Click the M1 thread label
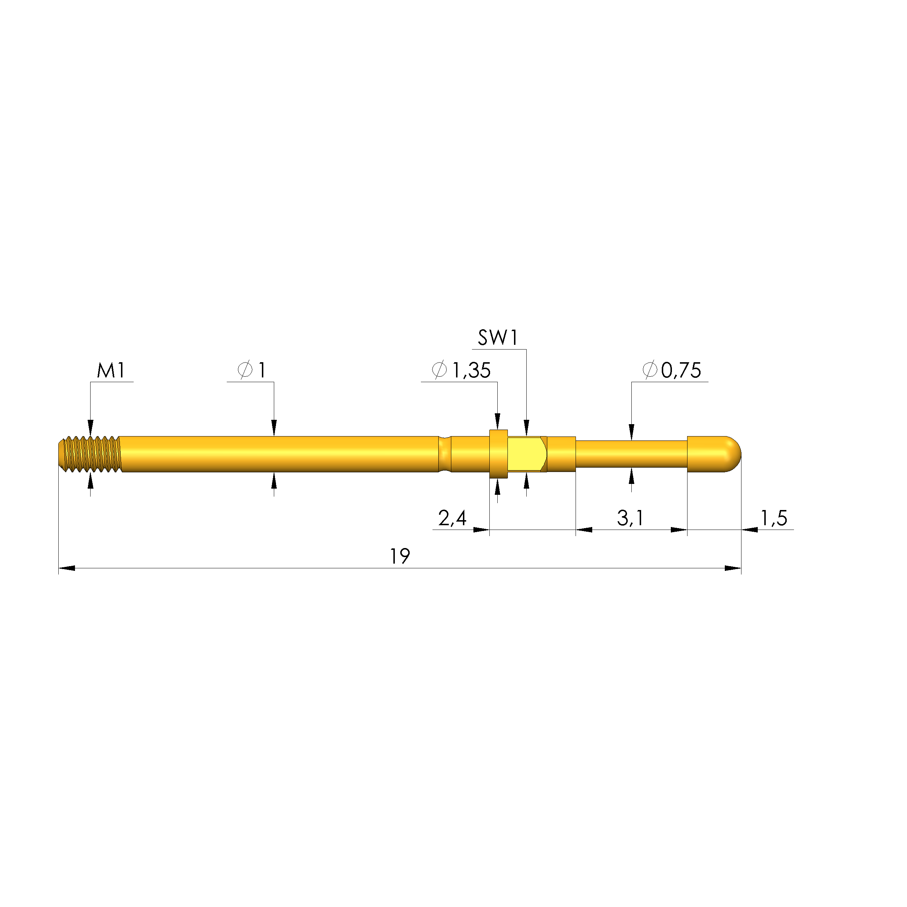pyautogui.click(x=111, y=371)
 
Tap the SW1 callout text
pyautogui.click(x=498, y=338)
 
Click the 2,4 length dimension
pyautogui.click(x=452, y=518)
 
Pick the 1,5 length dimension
pyautogui.click(x=774, y=518)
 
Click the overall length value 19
pyautogui.click(x=400, y=556)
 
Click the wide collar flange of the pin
pyautogui.click(x=498, y=454)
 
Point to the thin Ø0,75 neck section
pyautogui.click(x=631, y=454)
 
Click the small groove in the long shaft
pyautogui.click(x=444, y=454)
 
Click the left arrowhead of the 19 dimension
pyautogui.click(x=67, y=568)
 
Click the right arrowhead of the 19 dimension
pyautogui.click(x=733, y=568)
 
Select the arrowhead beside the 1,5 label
pyautogui.click(x=750, y=530)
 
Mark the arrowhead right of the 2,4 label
pyautogui.click(x=481, y=530)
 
